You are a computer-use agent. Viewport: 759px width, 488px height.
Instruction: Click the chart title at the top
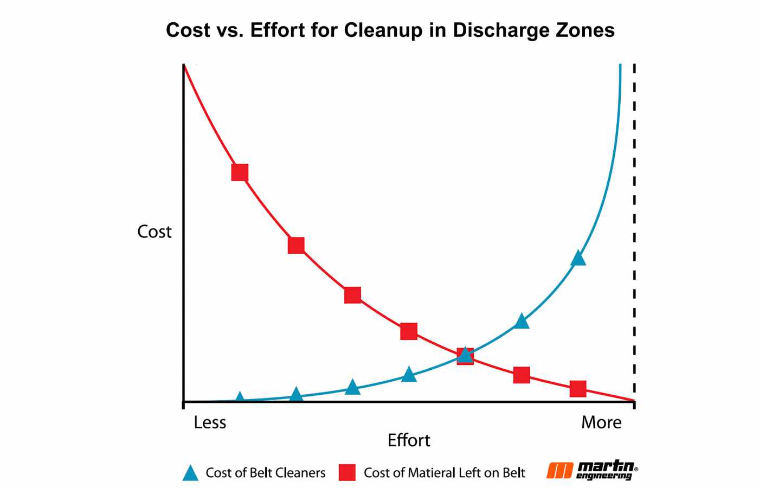(x=390, y=30)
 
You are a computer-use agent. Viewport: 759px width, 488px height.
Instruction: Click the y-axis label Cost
(x=154, y=232)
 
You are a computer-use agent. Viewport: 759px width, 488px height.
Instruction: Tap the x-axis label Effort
(x=409, y=440)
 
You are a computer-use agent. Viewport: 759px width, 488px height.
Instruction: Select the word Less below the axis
(x=210, y=422)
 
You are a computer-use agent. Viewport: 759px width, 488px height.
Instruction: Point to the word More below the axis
(x=601, y=422)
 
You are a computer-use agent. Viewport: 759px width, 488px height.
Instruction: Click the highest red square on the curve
(x=240, y=172)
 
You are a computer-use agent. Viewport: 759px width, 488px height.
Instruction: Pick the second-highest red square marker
(x=296, y=245)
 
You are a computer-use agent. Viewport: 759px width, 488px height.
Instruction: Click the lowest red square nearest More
(x=578, y=388)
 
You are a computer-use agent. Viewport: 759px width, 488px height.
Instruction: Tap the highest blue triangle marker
(x=578, y=258)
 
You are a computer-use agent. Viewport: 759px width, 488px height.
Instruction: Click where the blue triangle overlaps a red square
(x=465, y=356)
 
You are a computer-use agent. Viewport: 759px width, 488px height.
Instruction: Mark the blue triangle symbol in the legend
(x=190, y=473)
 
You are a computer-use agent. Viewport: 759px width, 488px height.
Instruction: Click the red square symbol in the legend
(x=347, y=473)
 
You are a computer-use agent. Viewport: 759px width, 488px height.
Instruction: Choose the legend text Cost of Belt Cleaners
(x=266, y=473)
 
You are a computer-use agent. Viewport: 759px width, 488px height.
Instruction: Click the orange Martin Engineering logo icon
(x=559, y=471)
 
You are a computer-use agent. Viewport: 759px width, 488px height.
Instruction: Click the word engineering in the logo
(x=604, y=477)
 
